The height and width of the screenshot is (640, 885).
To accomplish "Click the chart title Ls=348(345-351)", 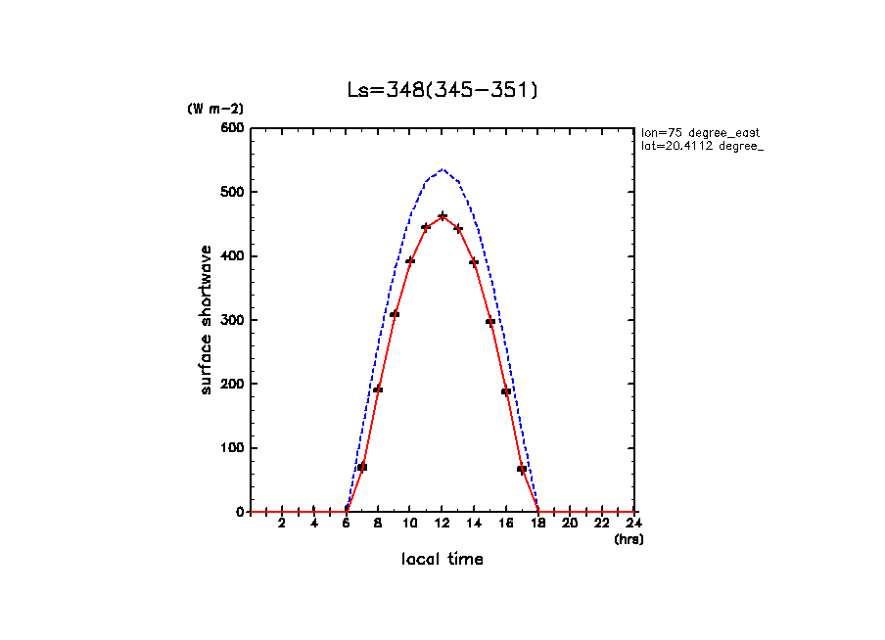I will click(442, 90).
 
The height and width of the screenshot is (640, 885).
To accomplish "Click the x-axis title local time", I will click(442, 559).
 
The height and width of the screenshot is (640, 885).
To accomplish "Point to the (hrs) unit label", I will click(629, 539).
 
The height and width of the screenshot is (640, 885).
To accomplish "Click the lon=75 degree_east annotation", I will click(700, 132).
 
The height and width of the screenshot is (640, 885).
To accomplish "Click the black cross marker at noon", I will click(442, 215).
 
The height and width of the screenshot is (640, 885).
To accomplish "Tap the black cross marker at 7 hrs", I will click(362, 467).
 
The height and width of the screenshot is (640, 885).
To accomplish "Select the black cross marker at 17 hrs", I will click(522, 469).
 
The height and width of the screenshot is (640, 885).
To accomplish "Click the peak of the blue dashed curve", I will click(442, 170).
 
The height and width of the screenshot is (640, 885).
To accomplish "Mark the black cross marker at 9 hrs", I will click(395, 314).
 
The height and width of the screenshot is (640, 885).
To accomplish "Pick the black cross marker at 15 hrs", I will click(490, 321).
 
